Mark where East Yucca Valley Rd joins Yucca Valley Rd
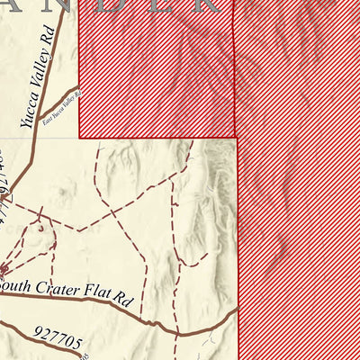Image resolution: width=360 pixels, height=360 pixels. [x=39, y=121]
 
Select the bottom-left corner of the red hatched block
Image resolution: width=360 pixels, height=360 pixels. [x=80, y=138]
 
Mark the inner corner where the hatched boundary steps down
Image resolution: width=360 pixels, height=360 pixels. [x=238, y=138]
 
